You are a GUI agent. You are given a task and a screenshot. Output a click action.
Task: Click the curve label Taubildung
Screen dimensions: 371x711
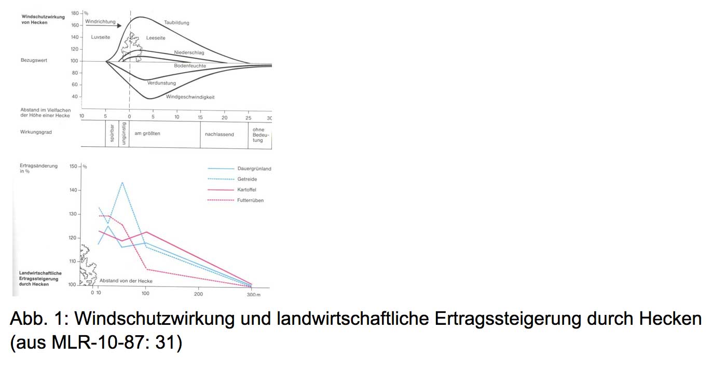pyautogui.click(x=176, y=23)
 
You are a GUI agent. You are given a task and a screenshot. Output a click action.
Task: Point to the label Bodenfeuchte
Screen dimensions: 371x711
pyautogui.click(x=190, y=66)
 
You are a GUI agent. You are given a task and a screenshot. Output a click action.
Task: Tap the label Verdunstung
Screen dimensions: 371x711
pyautogui.click(x=161, y=83)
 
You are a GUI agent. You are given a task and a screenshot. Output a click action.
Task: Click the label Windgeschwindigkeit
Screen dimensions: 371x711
pyautogui.click(x=190, y=97)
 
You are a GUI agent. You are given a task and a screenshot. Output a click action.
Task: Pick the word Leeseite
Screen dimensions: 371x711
pyautogui.click(x=155, y=37)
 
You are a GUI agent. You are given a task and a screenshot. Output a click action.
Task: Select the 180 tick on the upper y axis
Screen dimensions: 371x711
pyautogui.click(x=75, y=13)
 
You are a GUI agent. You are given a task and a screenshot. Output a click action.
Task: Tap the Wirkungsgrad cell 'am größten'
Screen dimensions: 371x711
pyautogui.click(x=147, y=134)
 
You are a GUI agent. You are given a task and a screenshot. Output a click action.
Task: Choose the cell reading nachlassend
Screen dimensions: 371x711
pyautogui.click(x=220, y=134)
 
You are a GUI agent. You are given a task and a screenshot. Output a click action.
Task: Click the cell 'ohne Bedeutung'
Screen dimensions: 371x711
pyautogui.click(x=258, y=135)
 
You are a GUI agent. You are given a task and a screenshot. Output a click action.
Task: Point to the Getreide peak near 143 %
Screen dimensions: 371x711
pyautogui.click(x=122, y=183)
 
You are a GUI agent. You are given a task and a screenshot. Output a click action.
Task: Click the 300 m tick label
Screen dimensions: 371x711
pyautogui.click(x=253, y=294)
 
